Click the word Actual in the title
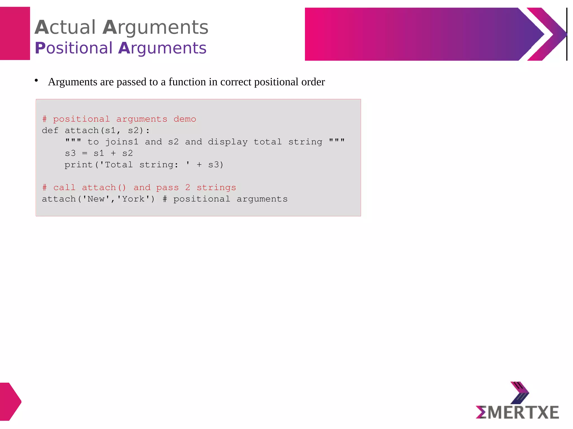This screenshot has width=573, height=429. pyautogui.click(x=65, y=27)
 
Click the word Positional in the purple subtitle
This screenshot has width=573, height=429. pyautogui.click(x=74, y=48)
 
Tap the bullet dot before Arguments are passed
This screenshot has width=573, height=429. pyautogui.click(x=36, y=81)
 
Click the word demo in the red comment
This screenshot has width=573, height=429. pyautogui.click(x=185, y=119)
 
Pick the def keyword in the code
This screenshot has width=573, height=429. pyautogui.click(x=50, y=131)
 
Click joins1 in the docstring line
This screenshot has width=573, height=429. pyautogui.click(x=122, y=142)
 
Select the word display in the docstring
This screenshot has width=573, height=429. pyautogui.click(x=228, y=142)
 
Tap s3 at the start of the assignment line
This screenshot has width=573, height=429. pyautogui.click(x=70, y=154)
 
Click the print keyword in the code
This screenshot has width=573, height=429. pyautogui.click(x=79, y=165)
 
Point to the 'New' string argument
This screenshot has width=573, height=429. pyautogui.click(x=96, y=199)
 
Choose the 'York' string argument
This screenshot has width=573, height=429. pyautogui.click(x=133, y=199)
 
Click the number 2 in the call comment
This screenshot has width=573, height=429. pyautogui.click(x=188, y=188)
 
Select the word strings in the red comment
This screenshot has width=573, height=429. pyautogui.click(x=216, y=188)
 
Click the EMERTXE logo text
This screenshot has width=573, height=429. pyautogui.click(x=517, y=413)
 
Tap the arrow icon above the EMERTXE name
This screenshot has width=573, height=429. pyautogui.click(x=520, y=393)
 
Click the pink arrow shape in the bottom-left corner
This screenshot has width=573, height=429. pyautogui.click(x=10, y=402)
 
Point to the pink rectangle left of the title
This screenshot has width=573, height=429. pyautogui.click(x=15, y=34)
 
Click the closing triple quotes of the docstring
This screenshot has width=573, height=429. pyautogui.click(x=337, y=141)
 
